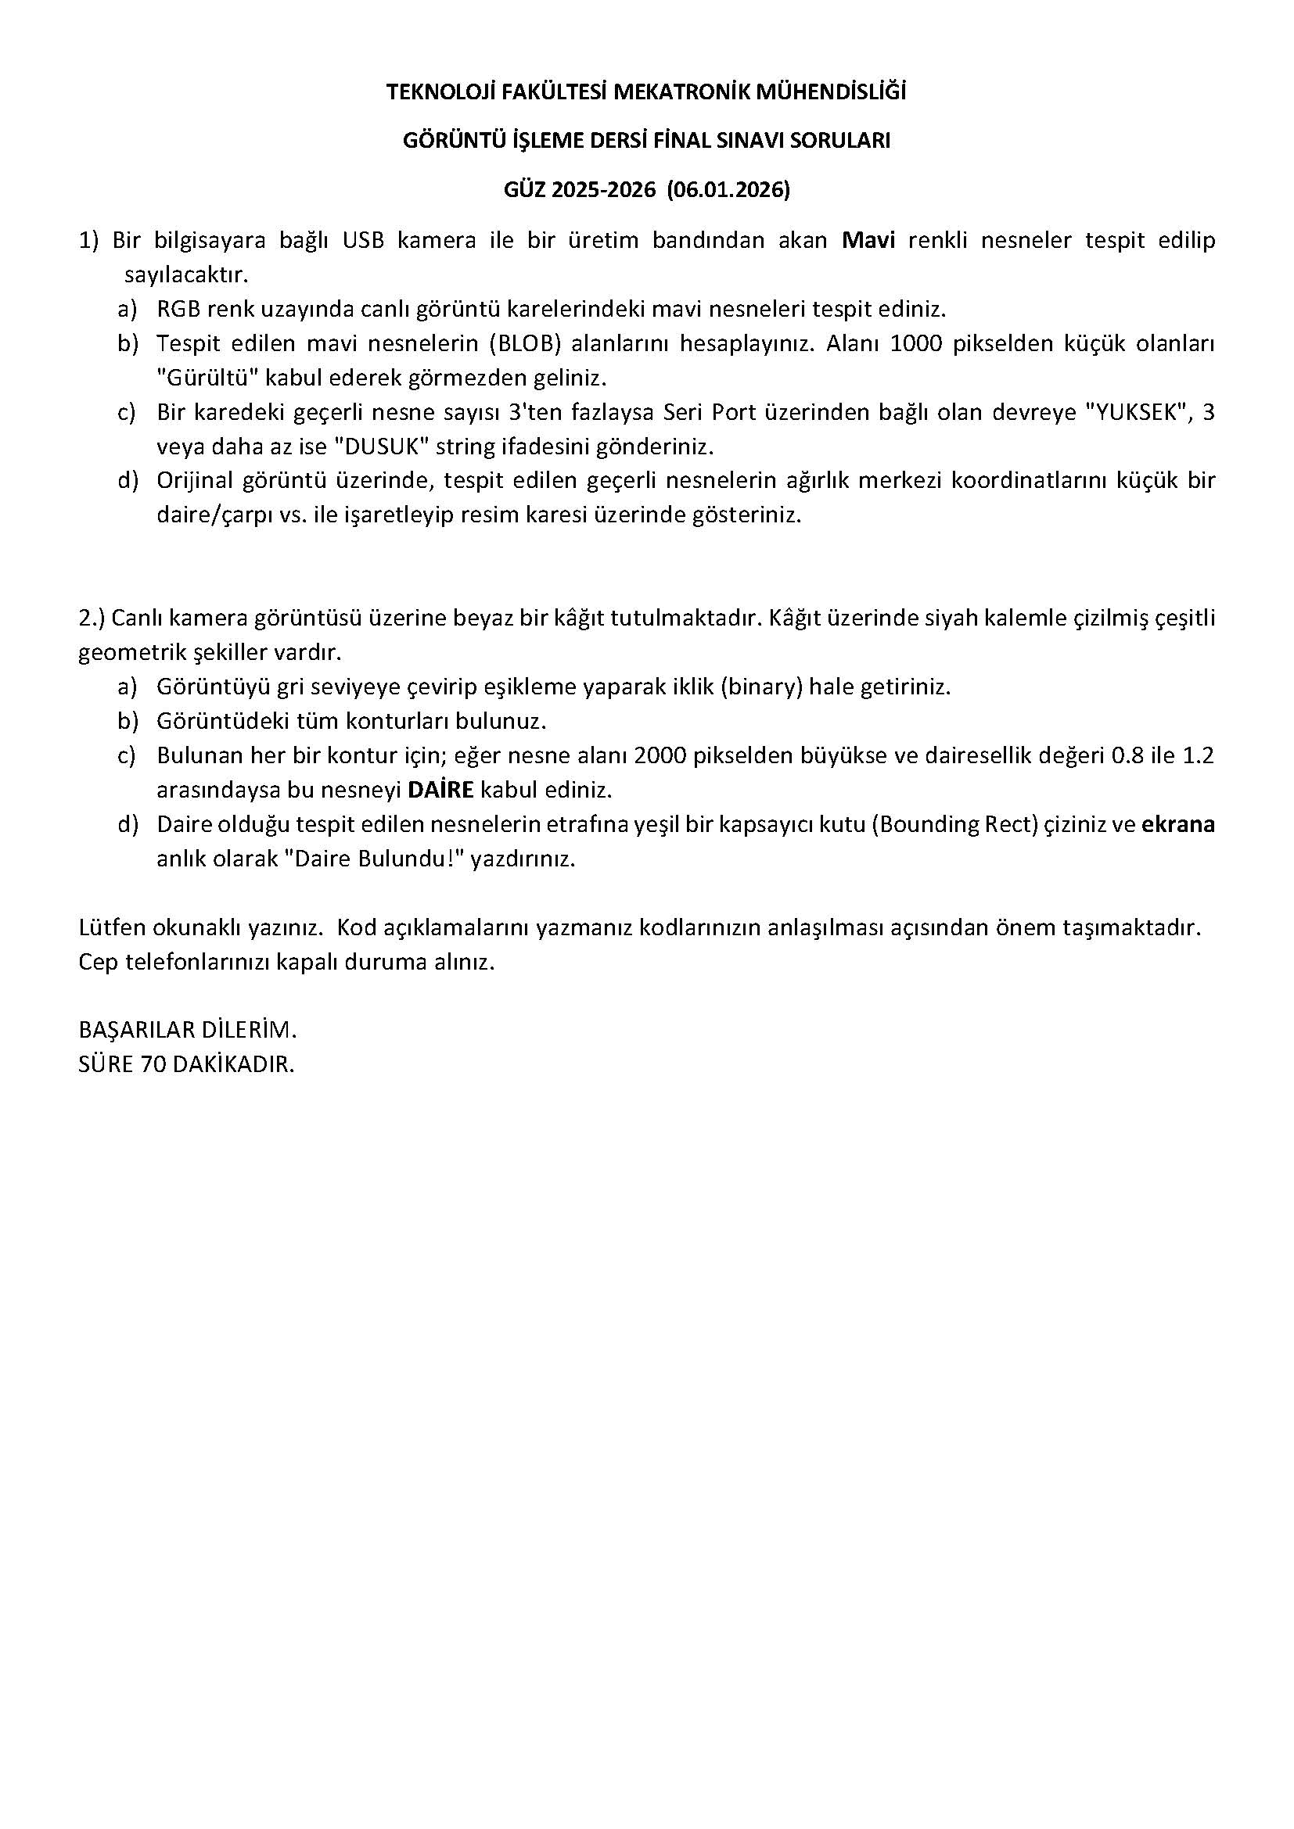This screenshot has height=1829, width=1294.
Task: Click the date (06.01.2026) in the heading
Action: click(x=728, y=189)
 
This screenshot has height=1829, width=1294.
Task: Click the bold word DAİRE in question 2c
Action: click(x=440, y=791)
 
